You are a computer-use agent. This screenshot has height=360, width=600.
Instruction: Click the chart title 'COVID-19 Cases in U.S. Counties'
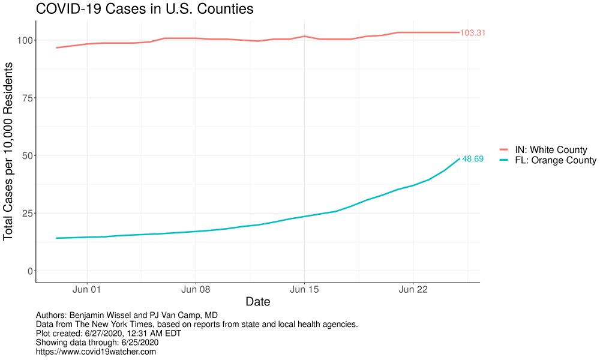pyautogui.click(x=145, y=10)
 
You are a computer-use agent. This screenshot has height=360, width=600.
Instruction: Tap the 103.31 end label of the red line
pyautogui.click(x=472, y=33)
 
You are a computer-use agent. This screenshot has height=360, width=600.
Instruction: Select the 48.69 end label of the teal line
pyautogui.click(x=472, y=159)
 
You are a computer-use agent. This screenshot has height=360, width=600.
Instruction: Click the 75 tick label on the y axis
pyautogui.click(x=25, y=98)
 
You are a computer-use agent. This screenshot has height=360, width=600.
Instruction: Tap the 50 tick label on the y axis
pyautogui.click(x=25, y=155)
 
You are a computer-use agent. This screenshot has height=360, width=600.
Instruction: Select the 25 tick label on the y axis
pyautogui.click(x=25, y=213)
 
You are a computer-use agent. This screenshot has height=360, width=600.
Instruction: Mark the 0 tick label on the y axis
pyautogui.click(x=28, y=271)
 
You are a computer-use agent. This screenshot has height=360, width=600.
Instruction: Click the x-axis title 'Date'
pyautogui.click(x=257, y=302)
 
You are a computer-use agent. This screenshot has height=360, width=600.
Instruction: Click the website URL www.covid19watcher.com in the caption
pyautogui.click(x=96, y=352)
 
